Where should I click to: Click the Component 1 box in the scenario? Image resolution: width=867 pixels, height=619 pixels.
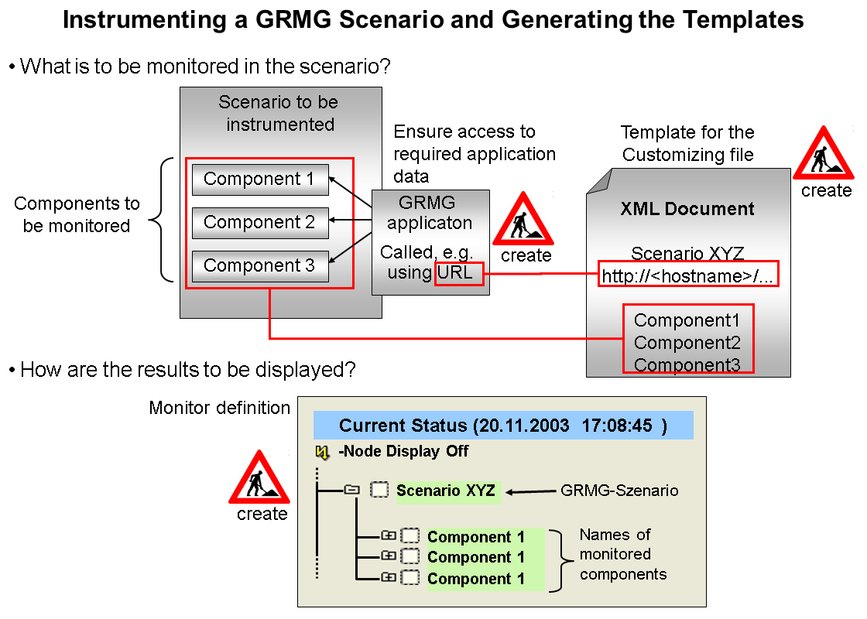point(260,180)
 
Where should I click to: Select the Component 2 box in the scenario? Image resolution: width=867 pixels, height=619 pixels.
point(260,223)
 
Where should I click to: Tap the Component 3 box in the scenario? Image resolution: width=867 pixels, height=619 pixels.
point(260,266)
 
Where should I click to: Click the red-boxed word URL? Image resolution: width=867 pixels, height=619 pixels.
point(458,273)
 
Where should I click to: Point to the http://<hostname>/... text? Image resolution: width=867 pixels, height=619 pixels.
point(687,275)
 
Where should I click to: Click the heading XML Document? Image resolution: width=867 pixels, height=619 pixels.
point(687,209)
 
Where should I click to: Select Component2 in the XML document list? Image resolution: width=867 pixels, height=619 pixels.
point(687,342)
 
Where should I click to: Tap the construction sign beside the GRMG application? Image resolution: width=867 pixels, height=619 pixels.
point(523,220)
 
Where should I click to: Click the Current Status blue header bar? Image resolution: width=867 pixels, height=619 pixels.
point(502,426)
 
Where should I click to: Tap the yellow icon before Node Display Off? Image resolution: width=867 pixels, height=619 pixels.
point(323,451)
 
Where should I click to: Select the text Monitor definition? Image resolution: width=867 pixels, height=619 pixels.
point(220,408)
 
